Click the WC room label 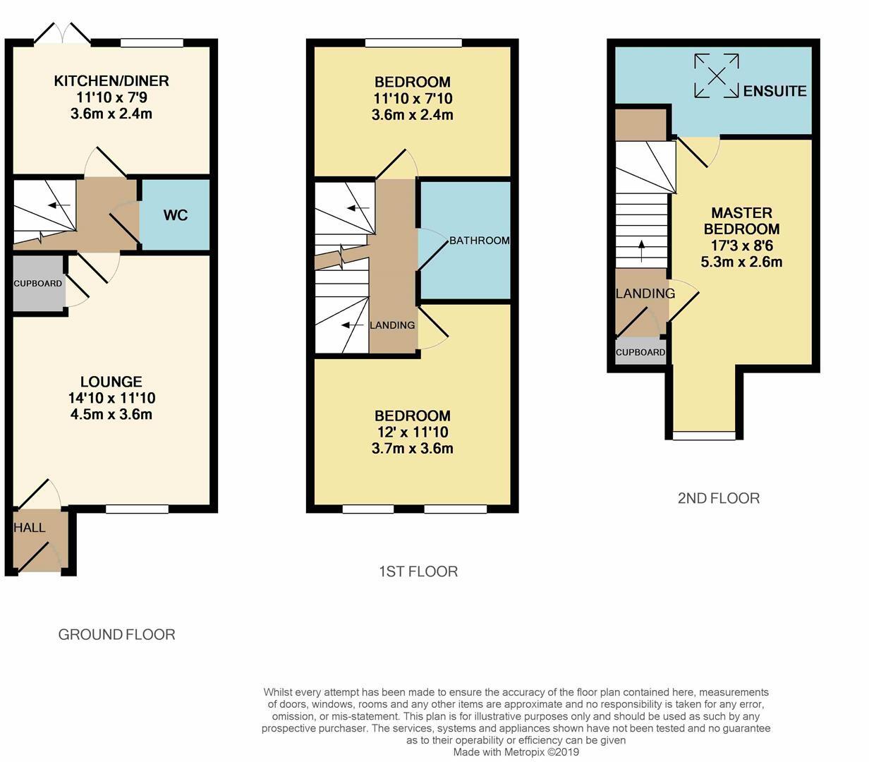tap(176, 215)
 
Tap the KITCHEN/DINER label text tap(111, 81)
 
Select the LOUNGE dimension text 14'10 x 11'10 tap(111, 398)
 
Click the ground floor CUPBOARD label tap(38, 284)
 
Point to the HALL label tap(30, 528)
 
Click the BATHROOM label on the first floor tap(479, 241)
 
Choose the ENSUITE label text tap(774, 91)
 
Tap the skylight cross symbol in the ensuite tap(717, 75)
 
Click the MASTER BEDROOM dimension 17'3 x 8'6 tap(741, 246)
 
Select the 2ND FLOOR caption tap(718, 498)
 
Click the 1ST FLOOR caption tap(418, 571)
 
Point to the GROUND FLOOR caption tap(116, 635)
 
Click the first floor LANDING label tap(392, 325)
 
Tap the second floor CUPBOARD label tap(640, 353)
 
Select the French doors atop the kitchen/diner tap(63, 33)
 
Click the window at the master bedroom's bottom tap(703, 436)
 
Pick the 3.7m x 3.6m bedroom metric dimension tap(412, 449)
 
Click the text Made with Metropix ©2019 tap(516, 752)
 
